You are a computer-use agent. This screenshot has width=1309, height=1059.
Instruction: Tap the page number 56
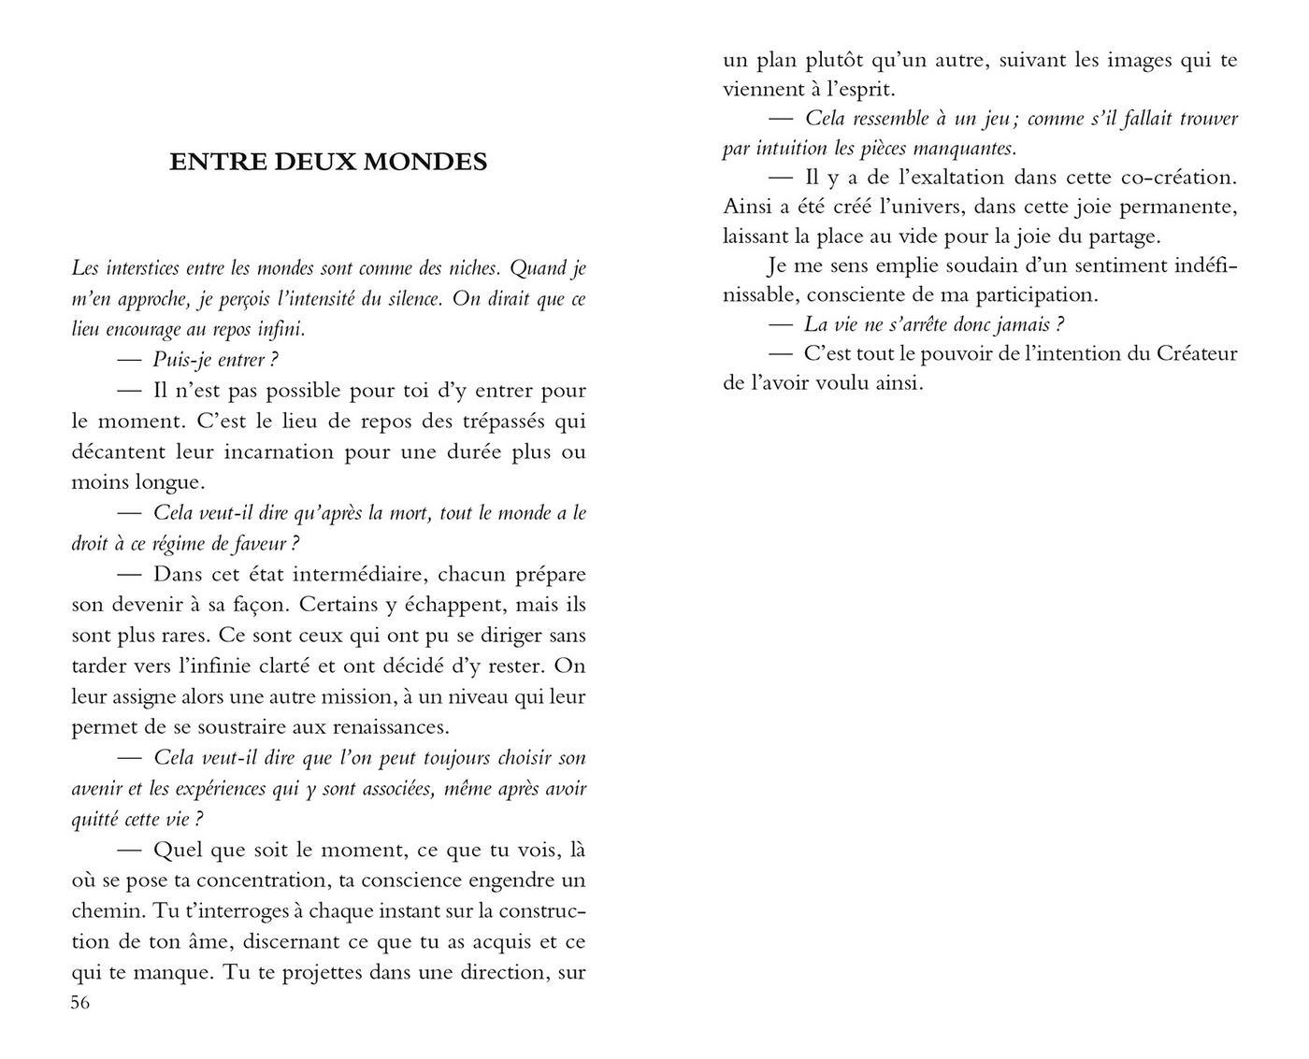[x=80, y=1003]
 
